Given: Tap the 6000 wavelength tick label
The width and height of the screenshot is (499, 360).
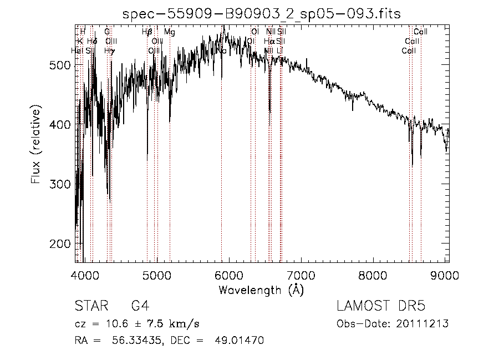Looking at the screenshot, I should [x=230, y=275].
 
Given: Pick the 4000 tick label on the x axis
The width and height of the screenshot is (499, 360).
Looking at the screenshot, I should [x=85, y=275].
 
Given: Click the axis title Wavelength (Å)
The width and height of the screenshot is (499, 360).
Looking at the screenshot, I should [x=261, y=290].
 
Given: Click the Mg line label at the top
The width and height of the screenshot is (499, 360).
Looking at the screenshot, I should [x=170, y=32].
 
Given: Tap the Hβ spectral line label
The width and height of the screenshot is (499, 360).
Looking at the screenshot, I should [x=147, y=32].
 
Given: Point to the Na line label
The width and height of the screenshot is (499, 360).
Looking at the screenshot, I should [x=221, y=50].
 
